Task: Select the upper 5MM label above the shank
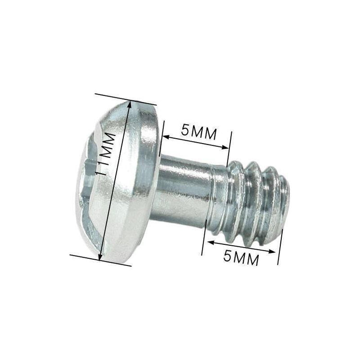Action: pos(199,132)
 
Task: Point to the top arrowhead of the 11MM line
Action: pos(130,105)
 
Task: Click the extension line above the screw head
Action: pos(126,99)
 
